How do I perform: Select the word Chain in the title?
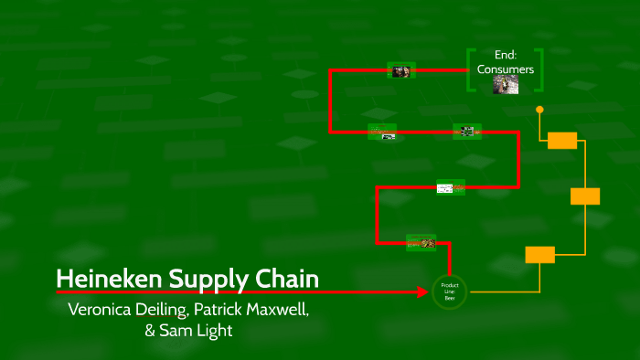click(x=283, y=278)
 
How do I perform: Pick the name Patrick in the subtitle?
click(x=220, y=309)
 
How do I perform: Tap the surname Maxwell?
click(x=280, y=309)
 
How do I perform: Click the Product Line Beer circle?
click(x=449, y=291)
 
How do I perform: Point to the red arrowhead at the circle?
click(x=423, y=292)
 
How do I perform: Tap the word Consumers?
click(x=506, y=69)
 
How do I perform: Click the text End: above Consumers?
click(x=506, y=55)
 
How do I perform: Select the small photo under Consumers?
click(x=506, y=84)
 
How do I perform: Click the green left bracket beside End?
click(x=470, y=69)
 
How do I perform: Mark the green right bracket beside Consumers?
click(x=541, y=69)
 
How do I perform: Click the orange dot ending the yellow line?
click(x=539, y=110)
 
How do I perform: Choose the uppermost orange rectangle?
click(x=562, y=140)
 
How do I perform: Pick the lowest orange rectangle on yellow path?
click(x=539, y=255)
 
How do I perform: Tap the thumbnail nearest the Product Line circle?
click(x=421, y=242)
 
